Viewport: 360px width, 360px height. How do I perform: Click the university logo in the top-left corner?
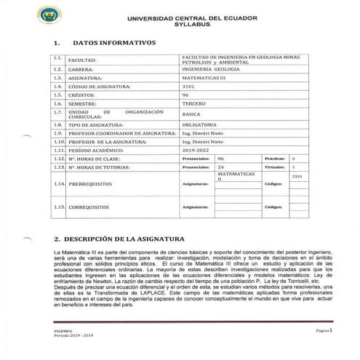click(49, 13)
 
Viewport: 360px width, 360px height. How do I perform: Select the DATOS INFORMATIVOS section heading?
click(115, 41)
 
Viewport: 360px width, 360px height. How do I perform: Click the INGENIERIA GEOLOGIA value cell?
click(205, 70)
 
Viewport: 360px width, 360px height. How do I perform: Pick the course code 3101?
click(189, 87)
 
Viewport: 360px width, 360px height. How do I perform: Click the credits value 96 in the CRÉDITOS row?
click(185, 95)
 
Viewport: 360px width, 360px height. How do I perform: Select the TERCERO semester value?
click(193, 104)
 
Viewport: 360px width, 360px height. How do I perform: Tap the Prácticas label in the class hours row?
click(273, 158)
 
